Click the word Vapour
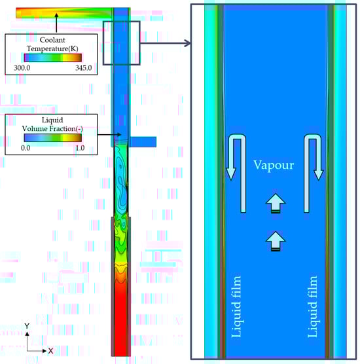click(274, 165)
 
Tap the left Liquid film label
click(236, 306)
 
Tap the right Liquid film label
click(312, 306)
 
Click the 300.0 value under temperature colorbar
click(22, 68)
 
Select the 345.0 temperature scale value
click(83, 68)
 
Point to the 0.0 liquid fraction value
click(26, 148)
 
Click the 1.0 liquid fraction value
click(80, 148)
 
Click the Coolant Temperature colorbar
click(53, 58)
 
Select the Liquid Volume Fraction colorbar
click(53, 137)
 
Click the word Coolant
click(52, 40)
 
